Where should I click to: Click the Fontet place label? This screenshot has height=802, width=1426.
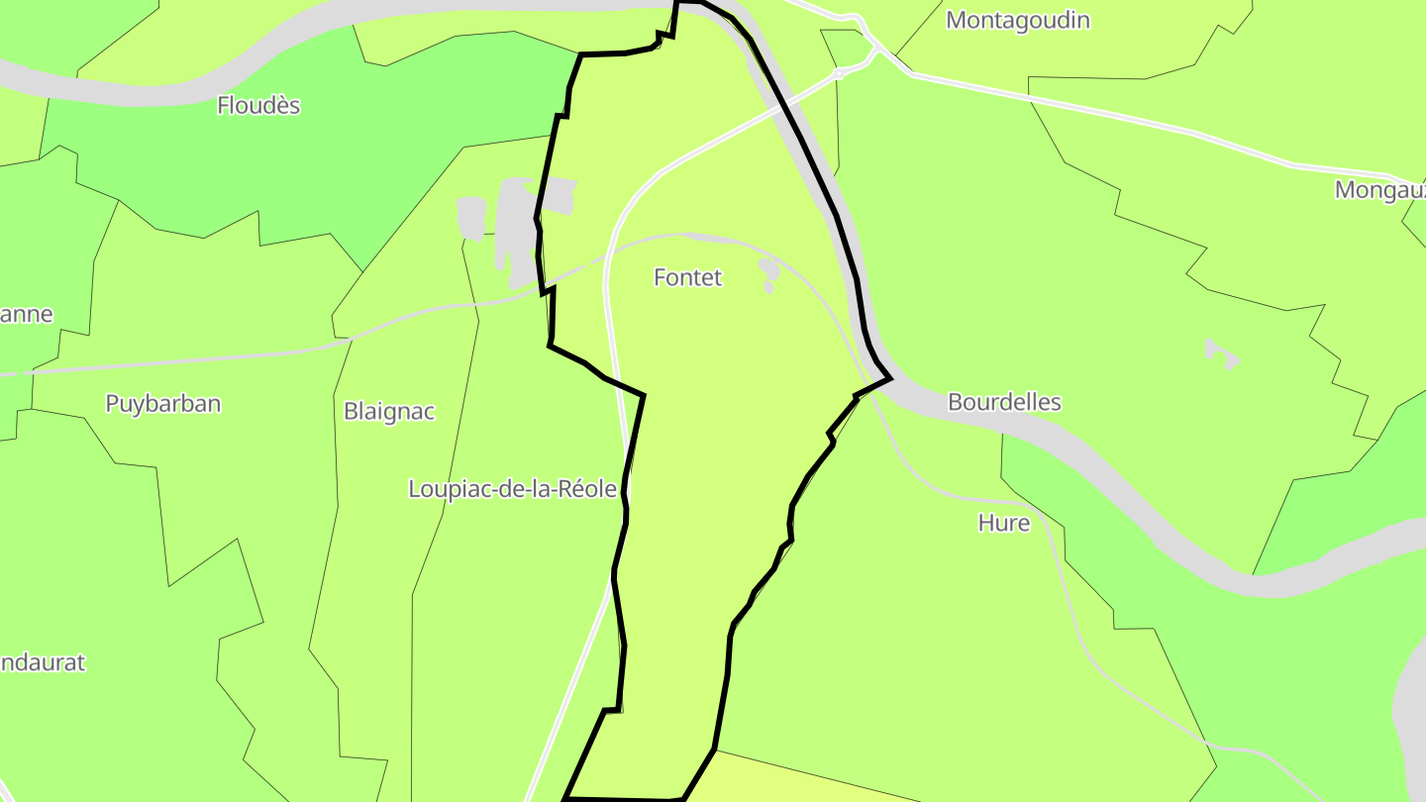click(x=687, y=278)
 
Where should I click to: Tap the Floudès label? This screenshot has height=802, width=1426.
click(x=258, y=106)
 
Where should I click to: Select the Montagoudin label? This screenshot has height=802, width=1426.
click(x=1017, y=21)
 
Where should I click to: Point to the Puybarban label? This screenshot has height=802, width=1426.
click(x=162, y=404)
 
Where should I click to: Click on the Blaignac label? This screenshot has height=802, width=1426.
click(x=388, y=412)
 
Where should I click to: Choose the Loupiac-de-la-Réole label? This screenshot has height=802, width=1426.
click(x=512, y=489)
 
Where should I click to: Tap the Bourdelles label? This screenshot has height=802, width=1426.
click(x=1004, y=403)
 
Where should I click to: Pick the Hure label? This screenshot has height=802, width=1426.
click(x=1003, y=524)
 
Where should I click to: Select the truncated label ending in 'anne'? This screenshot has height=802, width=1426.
click(x=26, y=315)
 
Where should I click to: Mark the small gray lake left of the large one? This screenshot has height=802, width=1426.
click(x=471, y=217)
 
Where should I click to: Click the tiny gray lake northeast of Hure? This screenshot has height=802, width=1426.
click(x=1222, y=352)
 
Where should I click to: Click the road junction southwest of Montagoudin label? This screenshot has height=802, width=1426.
click(x=840, y=72)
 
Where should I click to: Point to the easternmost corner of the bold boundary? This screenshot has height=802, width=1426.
click(x=891, y=377)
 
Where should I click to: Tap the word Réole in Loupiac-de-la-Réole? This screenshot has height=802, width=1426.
click(x=589, y=489)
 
